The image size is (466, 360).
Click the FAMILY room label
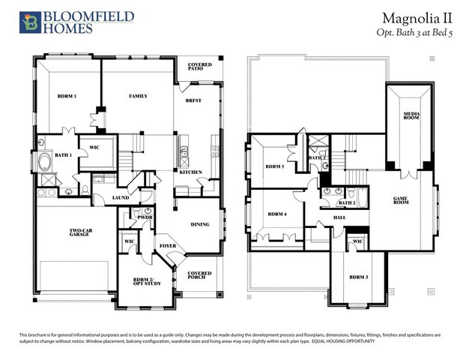(138, 97)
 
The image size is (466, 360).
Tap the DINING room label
(200, 224)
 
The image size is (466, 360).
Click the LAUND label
(121, 198)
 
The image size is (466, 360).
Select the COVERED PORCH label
(200, 275)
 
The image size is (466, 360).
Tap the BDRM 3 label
(359, 278)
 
